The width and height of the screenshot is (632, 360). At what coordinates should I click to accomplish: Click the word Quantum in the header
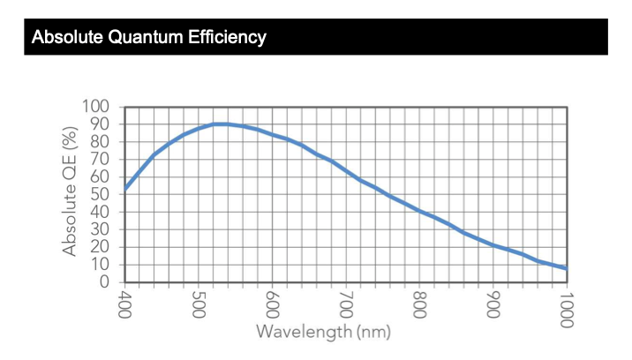point(145,37)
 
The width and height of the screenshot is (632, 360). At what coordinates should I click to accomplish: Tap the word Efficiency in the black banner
point(227,37)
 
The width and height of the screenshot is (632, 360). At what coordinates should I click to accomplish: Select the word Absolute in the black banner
point(67,37)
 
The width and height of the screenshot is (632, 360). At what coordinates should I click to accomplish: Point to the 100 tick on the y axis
point(95,107)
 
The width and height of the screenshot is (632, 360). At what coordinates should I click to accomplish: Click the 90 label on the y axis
point(100,124)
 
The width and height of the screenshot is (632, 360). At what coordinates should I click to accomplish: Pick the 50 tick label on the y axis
point(100,194)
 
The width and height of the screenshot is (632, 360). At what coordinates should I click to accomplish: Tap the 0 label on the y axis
point(104,281)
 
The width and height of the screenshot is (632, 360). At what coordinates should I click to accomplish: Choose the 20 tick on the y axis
point(100,247)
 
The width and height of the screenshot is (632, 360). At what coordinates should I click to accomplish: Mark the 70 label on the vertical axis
point(100,159)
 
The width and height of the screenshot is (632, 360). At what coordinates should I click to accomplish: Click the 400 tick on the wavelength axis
point(124,304)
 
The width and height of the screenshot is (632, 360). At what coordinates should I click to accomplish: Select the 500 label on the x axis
point(199,304)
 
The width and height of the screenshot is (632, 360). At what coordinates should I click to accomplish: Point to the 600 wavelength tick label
point(272,304)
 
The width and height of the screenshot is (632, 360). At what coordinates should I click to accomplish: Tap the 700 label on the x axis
point(346,304)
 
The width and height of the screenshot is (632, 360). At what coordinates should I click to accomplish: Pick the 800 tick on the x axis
point(419,304)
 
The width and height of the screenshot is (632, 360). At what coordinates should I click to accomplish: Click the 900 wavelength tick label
point(493,304)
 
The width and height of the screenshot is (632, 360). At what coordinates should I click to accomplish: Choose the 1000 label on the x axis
point(567,309)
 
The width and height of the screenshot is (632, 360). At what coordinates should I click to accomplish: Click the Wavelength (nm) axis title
point(324,332)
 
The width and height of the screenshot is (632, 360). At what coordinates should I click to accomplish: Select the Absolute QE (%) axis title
point(70,191)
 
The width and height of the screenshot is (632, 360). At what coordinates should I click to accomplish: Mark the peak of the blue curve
point(221,124)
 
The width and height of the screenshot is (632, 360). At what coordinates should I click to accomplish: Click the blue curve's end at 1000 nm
point(567,268)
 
